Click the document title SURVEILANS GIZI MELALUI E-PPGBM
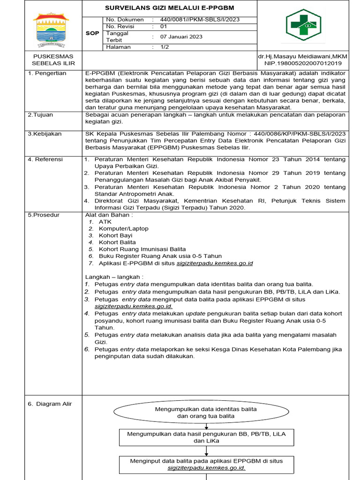[x=169, y=8]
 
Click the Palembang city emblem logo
[x=50, y=29]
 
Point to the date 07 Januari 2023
[x=182, y=37]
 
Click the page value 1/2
[x=165, y=47]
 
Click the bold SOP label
[x=92, y=33]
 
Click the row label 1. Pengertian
[x=47, y=74]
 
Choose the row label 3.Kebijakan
[x=45, y=134]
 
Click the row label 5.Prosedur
[x=44, y=215]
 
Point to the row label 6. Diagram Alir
[x=50, y=404]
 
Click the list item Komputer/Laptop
[x=123, y=228]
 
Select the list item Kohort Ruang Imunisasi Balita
[x=142, y=249]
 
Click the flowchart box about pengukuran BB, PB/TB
[x=206, y=437]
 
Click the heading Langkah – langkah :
[x=114, y=277]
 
